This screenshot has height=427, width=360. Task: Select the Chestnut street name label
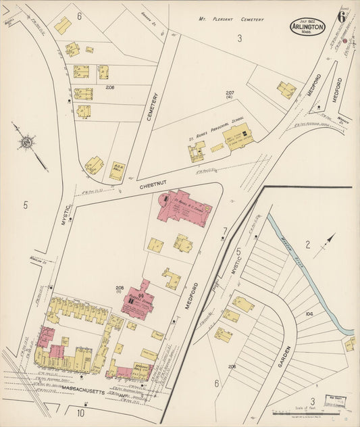click(x=153, y=183)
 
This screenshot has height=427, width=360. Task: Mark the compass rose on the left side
click(x=27, y=143)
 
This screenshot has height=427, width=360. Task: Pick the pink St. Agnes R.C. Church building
click(x=184, y=214)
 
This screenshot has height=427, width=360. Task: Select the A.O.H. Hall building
click(x=117, y=170)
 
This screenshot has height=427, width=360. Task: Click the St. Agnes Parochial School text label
click(x=216, y=135)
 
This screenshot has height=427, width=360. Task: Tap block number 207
click(x=230, y=93)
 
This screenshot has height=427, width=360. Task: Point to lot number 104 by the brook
click(x=310, y=314)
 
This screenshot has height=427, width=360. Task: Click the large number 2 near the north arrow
click(x=307, y=245)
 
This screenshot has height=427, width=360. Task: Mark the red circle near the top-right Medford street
click(x=344, y=41)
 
